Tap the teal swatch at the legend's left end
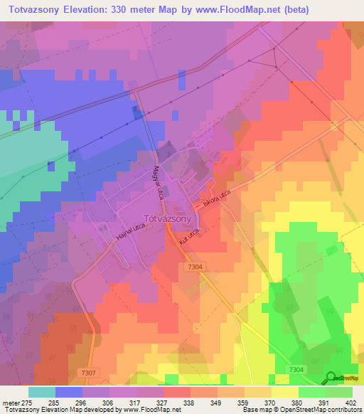[41, 391]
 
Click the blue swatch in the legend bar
[68, 391]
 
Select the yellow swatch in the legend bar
[284, 391]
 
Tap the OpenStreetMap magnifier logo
[331, 378]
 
